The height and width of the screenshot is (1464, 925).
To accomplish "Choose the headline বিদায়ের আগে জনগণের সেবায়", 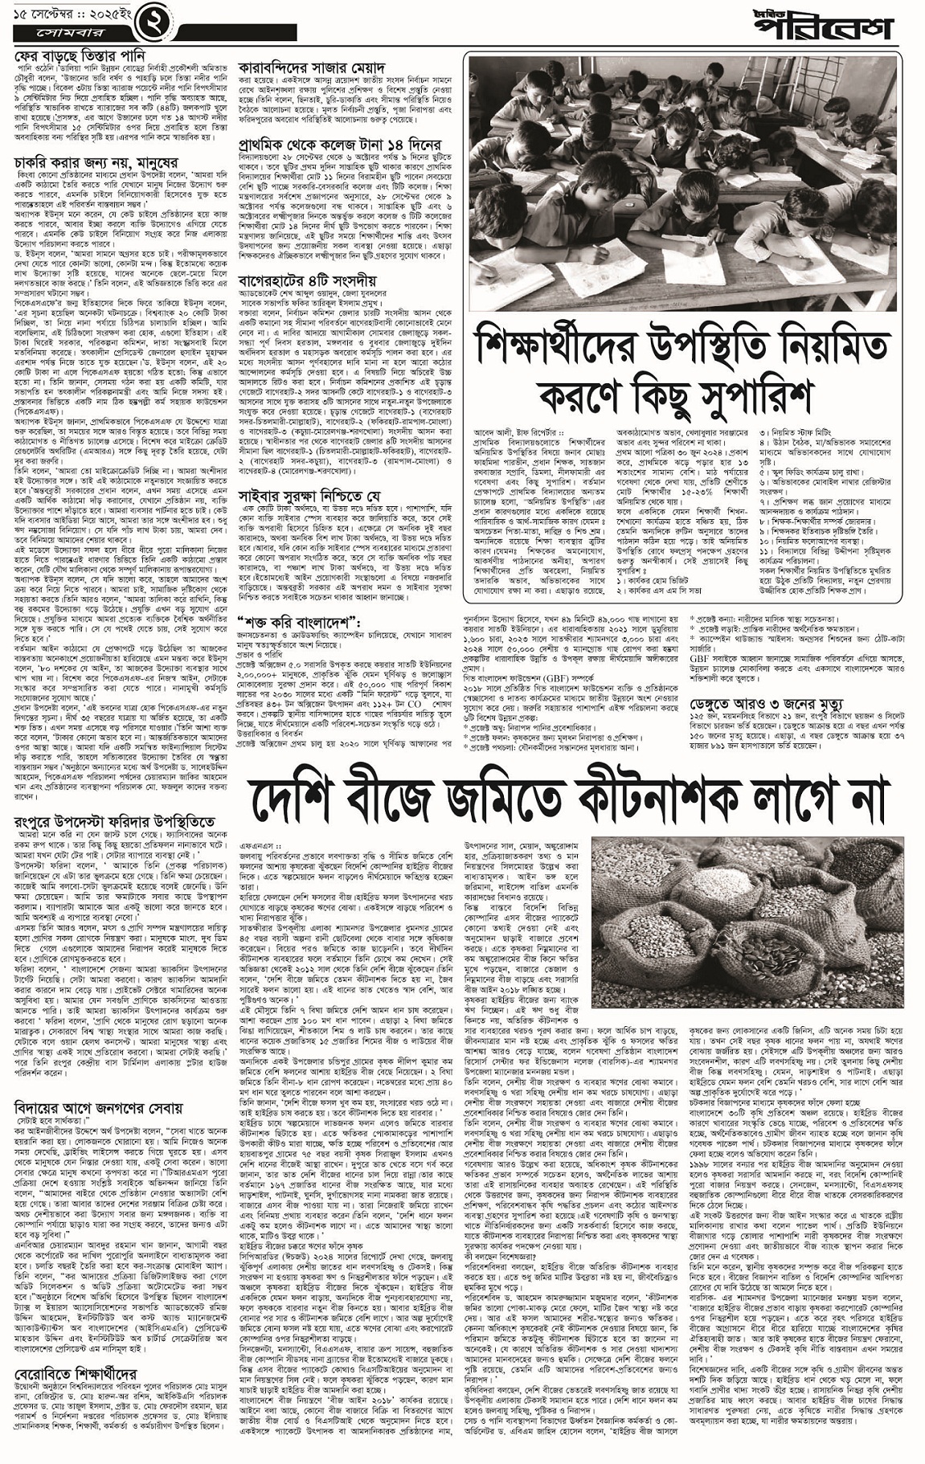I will tap(97, 1108).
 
